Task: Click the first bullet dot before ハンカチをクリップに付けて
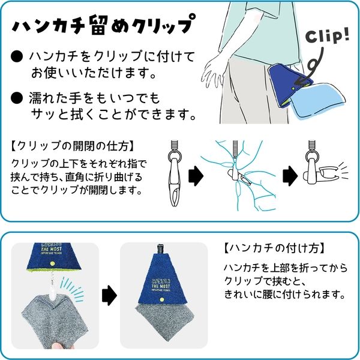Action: (18, 57)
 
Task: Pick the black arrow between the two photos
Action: (109, 295)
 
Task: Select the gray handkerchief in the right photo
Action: (166, 324)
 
